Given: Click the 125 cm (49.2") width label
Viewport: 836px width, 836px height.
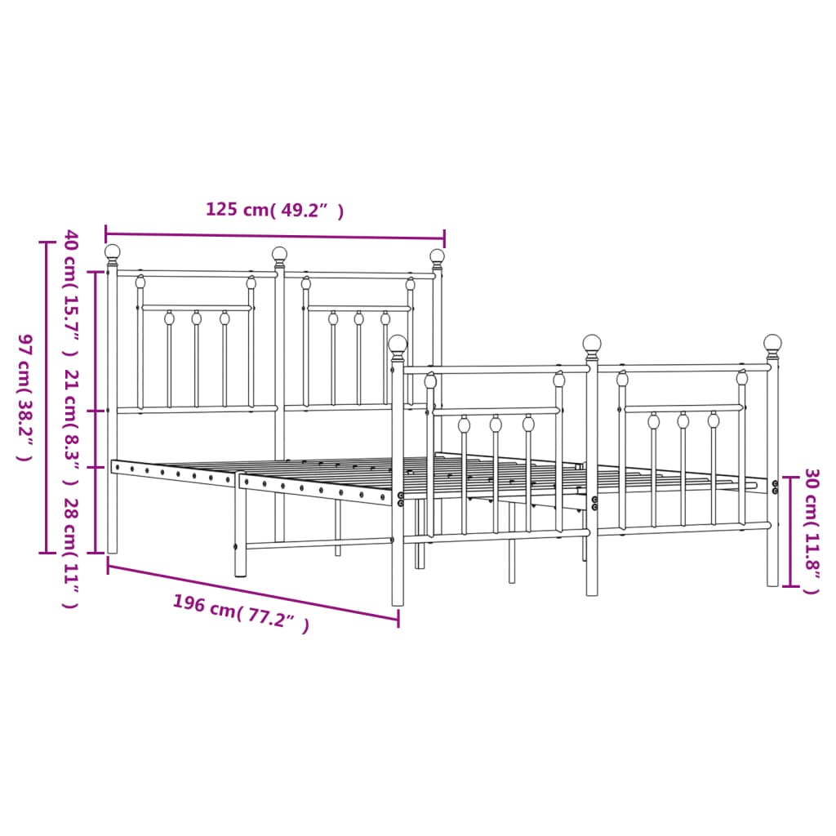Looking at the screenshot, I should point(274,211).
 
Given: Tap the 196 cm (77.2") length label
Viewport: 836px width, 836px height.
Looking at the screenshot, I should point(241,614).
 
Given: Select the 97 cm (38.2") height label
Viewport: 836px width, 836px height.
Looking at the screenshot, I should point(24,398).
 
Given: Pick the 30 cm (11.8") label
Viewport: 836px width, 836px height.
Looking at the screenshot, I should point(811,531).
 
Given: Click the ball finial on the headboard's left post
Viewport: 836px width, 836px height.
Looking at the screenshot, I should point(113,252).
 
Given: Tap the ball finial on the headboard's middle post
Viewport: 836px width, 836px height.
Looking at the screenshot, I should point(279,254).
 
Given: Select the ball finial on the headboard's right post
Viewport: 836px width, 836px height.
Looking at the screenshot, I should point(438,256).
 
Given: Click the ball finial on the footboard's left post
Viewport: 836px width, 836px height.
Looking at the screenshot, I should point(398,344).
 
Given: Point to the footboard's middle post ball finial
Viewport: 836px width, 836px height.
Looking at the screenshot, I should point(592,343).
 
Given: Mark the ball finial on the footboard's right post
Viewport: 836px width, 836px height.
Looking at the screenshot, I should point(772,343).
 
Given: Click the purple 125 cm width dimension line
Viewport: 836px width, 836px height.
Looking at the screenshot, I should point(275,234).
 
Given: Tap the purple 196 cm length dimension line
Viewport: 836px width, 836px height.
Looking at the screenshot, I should point(253,592).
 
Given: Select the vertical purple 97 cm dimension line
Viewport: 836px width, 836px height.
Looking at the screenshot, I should point(46,398).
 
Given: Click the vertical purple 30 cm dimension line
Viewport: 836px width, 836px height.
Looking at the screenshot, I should point(789,531).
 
